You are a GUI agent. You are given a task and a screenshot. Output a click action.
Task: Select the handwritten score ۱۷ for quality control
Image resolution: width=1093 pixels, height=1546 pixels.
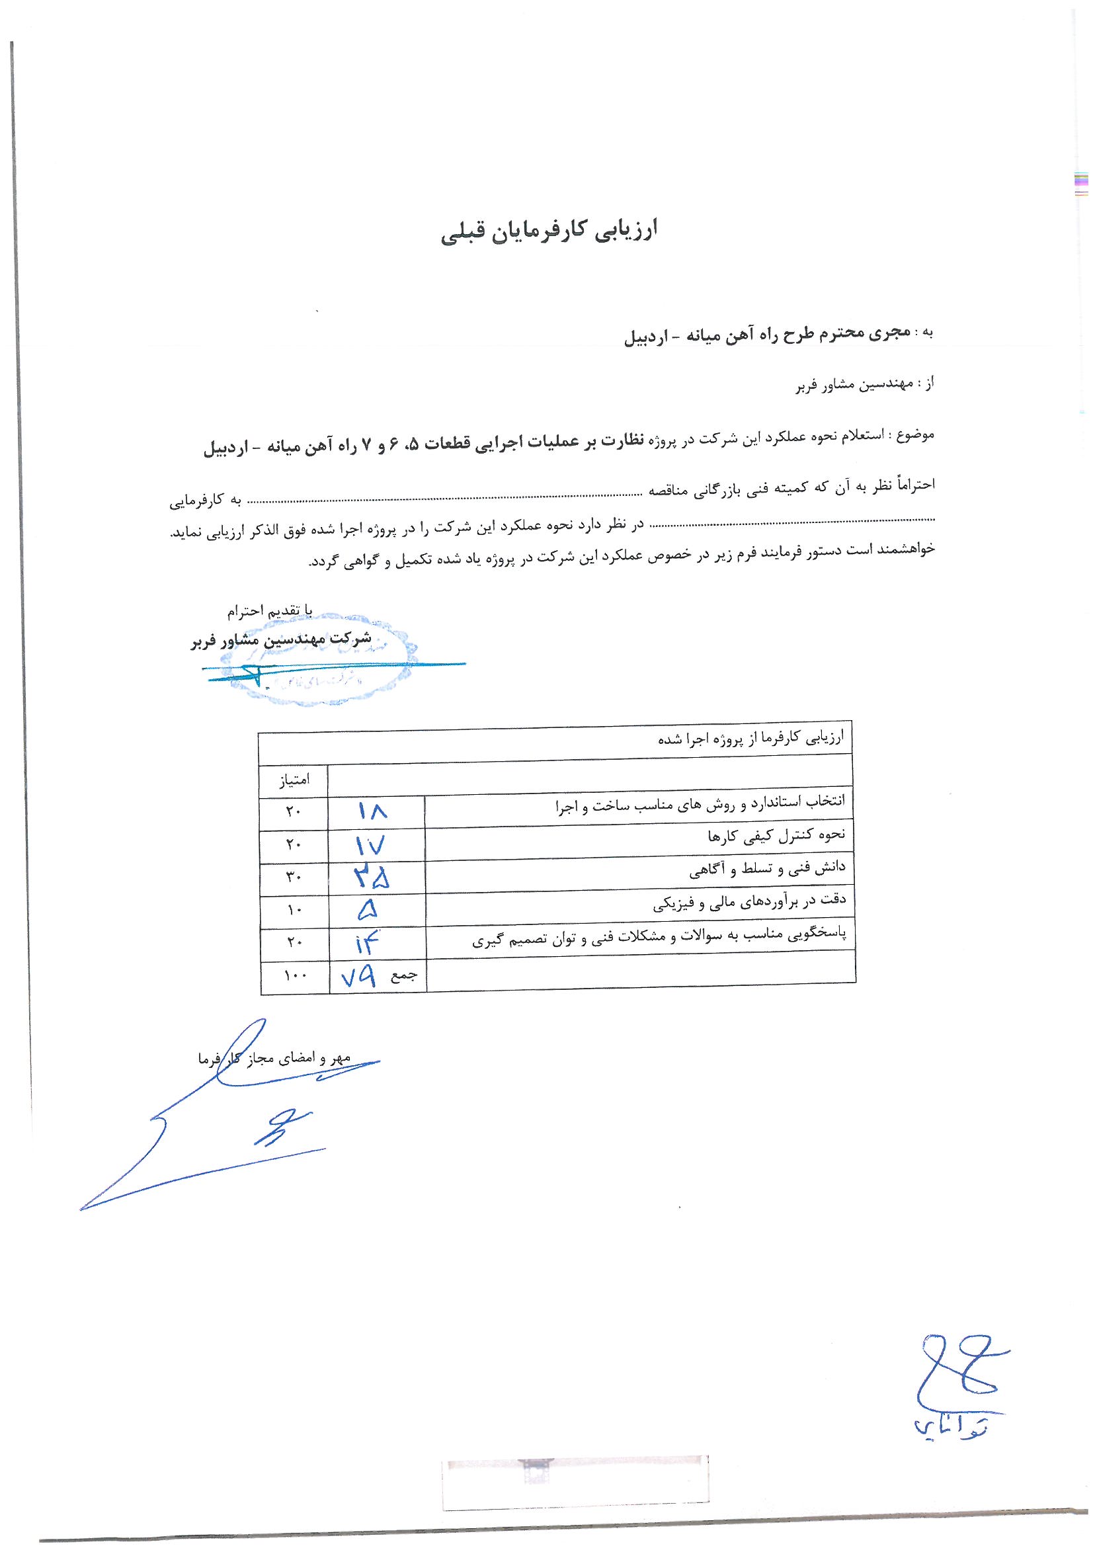coord(370,845)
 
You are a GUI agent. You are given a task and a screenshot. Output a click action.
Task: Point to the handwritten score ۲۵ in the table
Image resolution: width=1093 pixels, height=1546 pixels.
coord(371,877)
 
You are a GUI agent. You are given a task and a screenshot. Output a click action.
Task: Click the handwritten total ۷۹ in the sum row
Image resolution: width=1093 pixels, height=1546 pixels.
coord(358,977)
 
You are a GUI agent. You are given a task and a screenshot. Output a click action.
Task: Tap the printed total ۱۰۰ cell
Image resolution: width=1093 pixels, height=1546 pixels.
coord(294,978)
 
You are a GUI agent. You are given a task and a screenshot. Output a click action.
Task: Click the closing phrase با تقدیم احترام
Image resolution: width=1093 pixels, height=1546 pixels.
coord(269,612)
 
